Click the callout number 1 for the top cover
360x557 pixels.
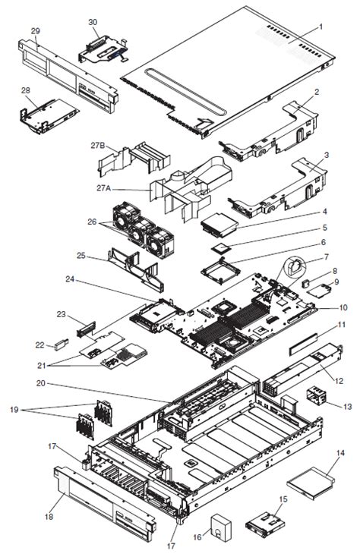pyautogui.click(x=321, y=27)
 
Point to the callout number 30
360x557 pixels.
pyautogui.click(x=93, y=23)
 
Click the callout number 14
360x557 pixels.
pyautogui.click(x=339, y=452)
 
